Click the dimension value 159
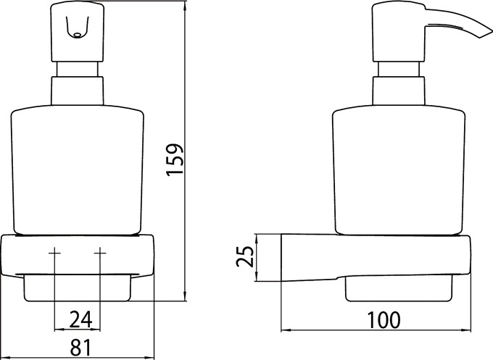(175, 160)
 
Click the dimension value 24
(80, 319)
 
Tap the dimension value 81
(80, 347)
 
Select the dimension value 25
(245, 256)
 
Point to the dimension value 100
(384, 319)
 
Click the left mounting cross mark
(54, 253)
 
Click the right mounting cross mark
(100, 253)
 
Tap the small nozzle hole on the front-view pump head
(77, 35)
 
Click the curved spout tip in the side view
(486, 34)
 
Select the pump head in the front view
(77, 32)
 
